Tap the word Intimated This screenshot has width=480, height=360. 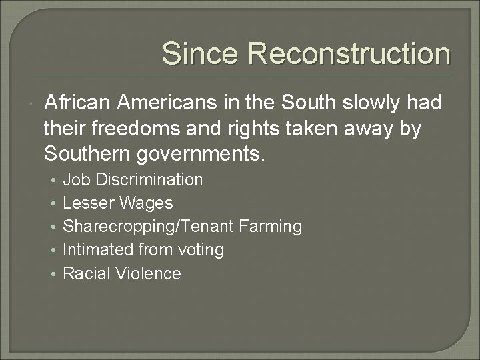(96, 250)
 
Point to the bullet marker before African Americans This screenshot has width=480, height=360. (33, 105)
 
